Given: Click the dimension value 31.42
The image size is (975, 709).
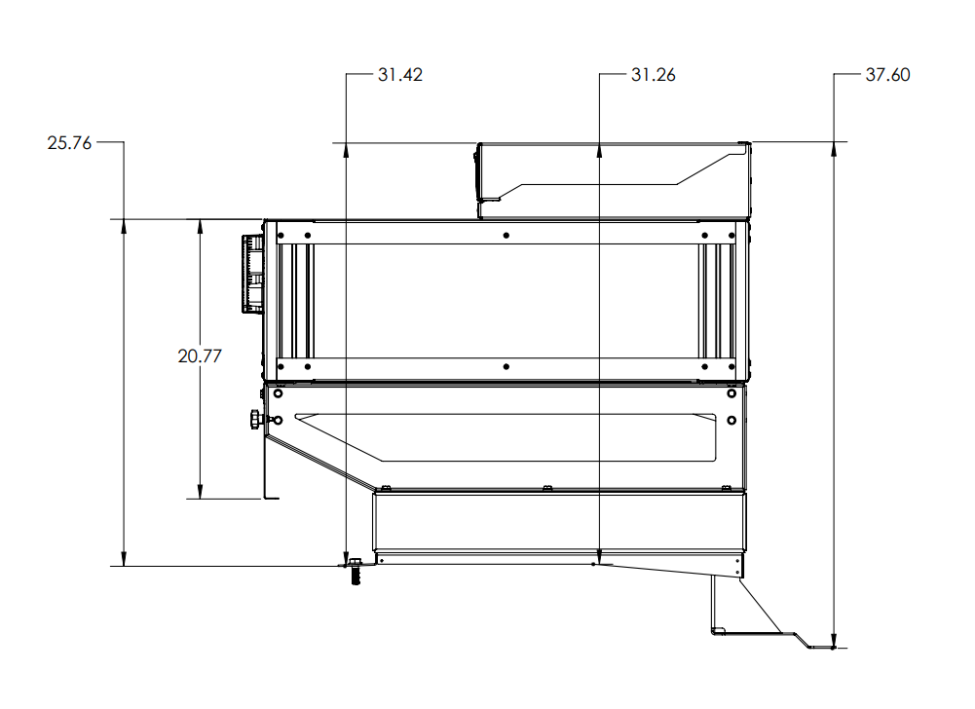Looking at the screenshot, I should tap(399, 75).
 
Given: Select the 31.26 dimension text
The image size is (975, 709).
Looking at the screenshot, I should tap(653, 75).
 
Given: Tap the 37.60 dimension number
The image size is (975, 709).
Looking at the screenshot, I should tap(887, 75).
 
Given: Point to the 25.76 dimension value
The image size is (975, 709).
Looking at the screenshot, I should tap(69, 143).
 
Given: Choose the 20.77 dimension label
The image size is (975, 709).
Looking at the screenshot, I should tap(200, 356).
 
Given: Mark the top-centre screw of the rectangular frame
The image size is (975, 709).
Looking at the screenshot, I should tap(506, 236).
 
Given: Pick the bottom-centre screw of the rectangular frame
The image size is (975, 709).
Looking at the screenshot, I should tap(506, 367).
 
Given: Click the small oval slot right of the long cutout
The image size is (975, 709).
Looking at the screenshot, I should tap(731, 420).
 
